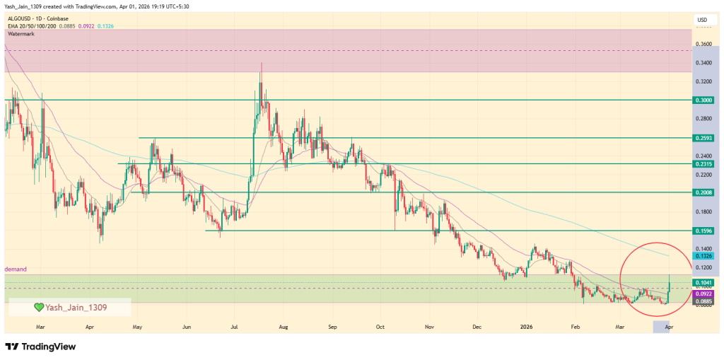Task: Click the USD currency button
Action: coord(702,20)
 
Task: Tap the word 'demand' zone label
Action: coord(16,269)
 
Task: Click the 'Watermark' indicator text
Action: coord(21,33)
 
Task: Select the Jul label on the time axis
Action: coord(233,328)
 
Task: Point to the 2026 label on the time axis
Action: coord(526,328)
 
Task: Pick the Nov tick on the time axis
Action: coord(428,328)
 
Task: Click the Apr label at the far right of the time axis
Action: coord(668,328)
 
